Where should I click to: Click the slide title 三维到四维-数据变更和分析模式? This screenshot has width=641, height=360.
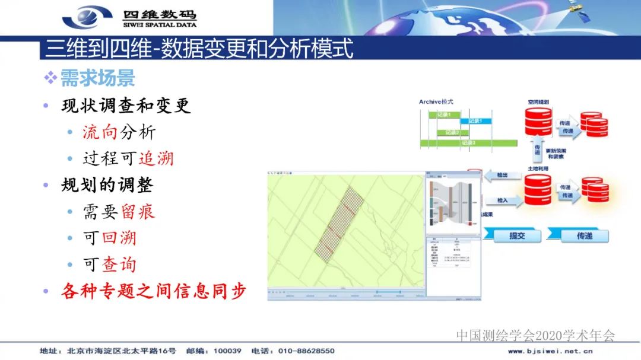pos(199,48)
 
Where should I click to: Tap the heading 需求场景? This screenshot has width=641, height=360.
pos(98,78)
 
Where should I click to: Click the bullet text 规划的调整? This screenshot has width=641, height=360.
pos(107,185)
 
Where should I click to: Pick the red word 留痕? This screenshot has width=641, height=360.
pos(138,211)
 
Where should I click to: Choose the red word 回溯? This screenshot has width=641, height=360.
pos(119,238)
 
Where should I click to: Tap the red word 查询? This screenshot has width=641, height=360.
pos(119,264)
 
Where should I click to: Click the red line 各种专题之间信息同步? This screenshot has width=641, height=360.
pos(153,291)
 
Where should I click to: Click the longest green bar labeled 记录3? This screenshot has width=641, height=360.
pos(469,143)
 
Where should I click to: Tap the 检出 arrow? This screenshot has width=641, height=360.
pos(502,176)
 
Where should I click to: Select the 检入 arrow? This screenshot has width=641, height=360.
pos(502,200)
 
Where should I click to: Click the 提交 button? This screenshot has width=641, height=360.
pos(516,235)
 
